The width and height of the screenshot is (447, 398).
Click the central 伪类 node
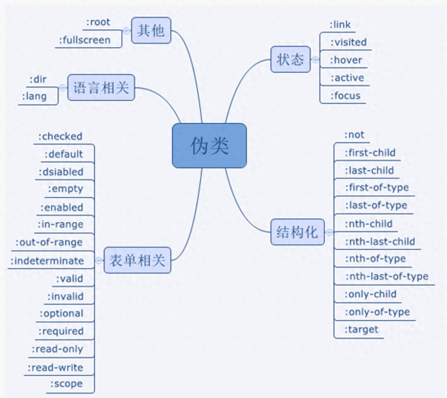coord(209,145)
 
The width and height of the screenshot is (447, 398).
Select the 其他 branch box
coord(151,30)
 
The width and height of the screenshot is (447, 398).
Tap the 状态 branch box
coord(290,59)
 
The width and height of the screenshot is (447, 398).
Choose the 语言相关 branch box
coord(101,88)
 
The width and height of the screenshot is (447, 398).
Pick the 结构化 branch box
coord(297,232)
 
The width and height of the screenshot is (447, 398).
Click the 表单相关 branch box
coord(137,260)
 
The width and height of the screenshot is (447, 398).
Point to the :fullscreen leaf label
coord(85,40)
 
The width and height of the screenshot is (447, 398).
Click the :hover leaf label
coord(346,60)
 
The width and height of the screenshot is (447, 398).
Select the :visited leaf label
coord(348,42)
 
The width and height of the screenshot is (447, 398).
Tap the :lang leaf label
coord(34,96)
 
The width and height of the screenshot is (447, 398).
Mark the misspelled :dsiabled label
coord(61,172)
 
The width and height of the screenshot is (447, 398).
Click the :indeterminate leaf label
coord(47,261)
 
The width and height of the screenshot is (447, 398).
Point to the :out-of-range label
coord(49,242)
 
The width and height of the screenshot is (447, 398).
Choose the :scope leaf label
coord(66,384)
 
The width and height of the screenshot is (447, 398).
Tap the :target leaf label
coord(361,329)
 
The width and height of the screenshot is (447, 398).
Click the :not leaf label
coord(354,135)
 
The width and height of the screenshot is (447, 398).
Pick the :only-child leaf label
coord(370,294)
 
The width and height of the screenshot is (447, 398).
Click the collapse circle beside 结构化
coord(329,232)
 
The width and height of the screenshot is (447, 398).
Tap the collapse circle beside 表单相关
coord(99,261)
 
